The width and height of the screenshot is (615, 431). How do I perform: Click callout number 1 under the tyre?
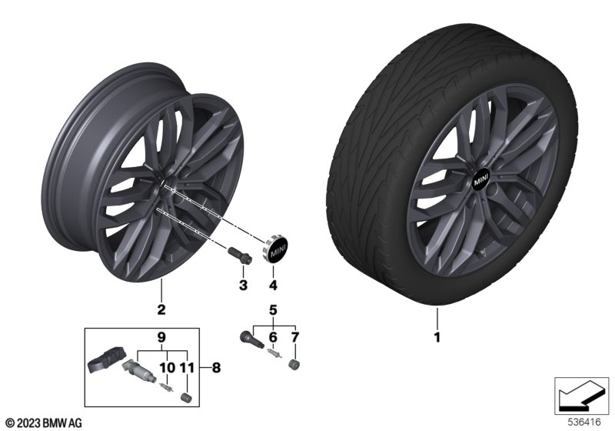437,337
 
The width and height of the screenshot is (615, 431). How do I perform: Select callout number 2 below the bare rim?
161,309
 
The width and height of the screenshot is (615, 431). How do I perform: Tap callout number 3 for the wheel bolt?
243,285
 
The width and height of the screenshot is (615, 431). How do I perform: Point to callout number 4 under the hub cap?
273,285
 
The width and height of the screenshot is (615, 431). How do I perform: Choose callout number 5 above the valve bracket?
273,310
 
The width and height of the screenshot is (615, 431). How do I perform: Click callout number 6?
273,337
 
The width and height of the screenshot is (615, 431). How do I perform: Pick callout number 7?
295,337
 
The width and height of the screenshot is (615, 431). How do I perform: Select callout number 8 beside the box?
216,368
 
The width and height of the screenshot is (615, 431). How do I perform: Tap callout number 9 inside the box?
161,337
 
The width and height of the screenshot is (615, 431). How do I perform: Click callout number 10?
167,368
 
